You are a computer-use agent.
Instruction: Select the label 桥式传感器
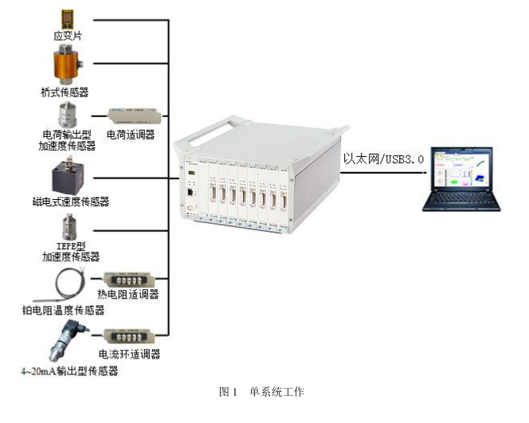(69, 92)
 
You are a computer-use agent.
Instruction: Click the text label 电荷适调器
(130, 135)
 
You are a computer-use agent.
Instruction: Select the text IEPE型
(71, 245)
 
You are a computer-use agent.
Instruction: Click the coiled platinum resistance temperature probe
(65, 283)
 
